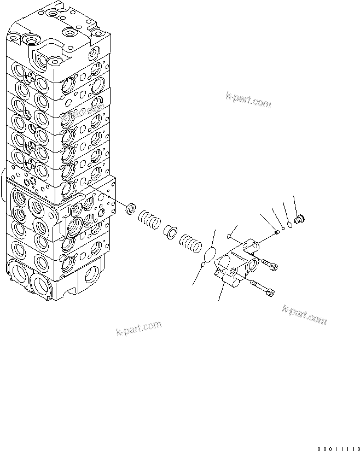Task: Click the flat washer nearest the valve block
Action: point(131,209)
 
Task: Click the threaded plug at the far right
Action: point(299,220)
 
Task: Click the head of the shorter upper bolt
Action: point(273,266)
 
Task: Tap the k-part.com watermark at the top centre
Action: point(247,100)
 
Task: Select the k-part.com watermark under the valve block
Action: point(139,329)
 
